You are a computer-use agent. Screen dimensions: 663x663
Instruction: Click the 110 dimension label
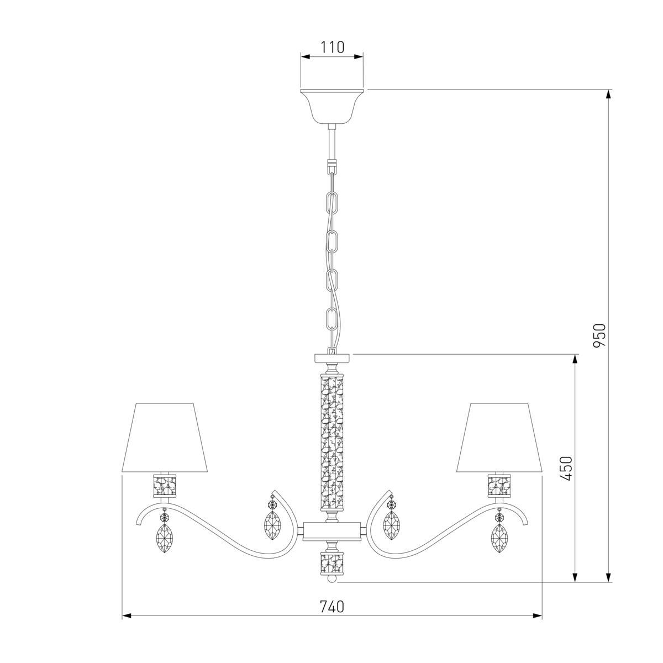(332, 47)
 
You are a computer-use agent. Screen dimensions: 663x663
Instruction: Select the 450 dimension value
(566, 469)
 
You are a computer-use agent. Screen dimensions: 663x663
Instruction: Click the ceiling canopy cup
(331, 106)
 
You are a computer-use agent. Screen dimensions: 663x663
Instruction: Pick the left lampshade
(165, 437)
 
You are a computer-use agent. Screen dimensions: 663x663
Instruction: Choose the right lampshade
(499, 437)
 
